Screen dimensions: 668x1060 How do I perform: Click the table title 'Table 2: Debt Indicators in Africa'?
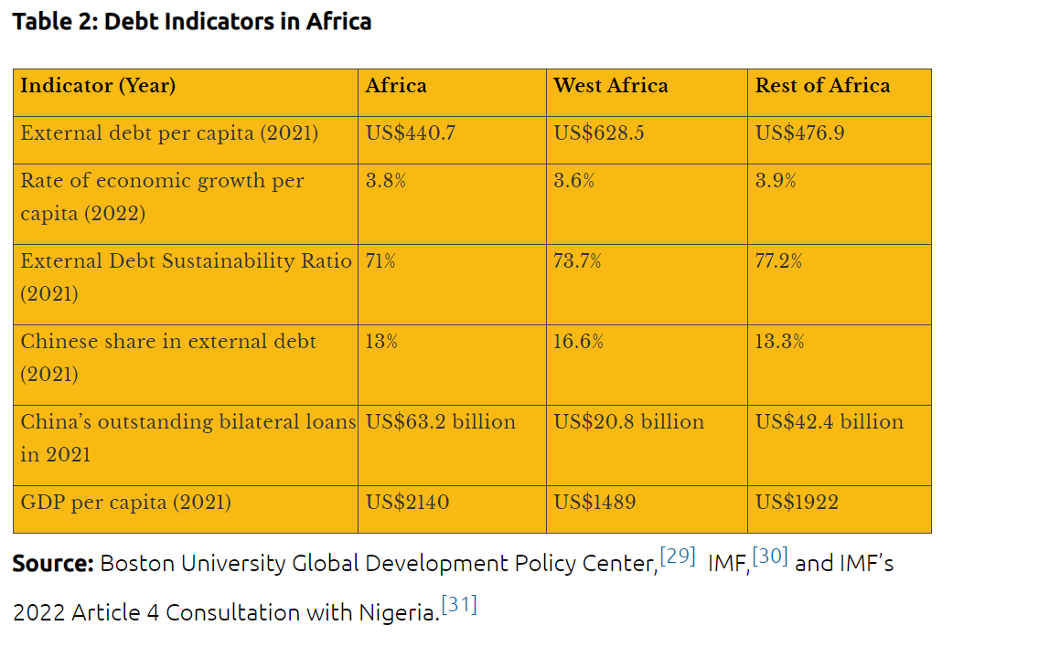[x=192, y=22]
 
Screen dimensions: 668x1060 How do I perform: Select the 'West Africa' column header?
[x=610, y=86]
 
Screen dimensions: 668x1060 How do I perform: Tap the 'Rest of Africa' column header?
[x=822, y=86]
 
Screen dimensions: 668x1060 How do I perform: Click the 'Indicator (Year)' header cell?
[x=98, y=86]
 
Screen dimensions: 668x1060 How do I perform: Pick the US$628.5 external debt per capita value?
[x=599, y=133]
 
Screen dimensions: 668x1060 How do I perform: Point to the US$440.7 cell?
[x=411, y=133]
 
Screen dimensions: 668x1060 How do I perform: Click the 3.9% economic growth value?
[x=776, y=181]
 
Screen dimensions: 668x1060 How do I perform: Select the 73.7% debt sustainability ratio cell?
[x=577, y=261]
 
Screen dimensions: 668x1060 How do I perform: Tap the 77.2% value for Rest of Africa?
[x=778, y=261]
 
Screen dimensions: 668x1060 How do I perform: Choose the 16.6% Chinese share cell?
[x=578, y=342]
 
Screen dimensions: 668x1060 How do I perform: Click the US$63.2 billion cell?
[x=441, y=422]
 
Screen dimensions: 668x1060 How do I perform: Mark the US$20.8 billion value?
[x=629, y=422]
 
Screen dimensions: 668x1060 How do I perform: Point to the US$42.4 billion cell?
[x=830, y=422]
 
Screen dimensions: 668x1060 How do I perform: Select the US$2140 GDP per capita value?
[x=407, y=503]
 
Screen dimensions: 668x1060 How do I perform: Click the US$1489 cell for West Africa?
[x=594, y=503]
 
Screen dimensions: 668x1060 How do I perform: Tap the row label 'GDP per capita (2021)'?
[x=125, y=503]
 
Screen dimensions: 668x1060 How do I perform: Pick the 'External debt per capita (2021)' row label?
[x=169, y=133]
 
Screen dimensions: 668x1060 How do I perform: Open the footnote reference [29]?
[x=678, y=556]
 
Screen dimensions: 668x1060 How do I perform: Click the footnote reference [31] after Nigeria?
[x=459, y=605]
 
